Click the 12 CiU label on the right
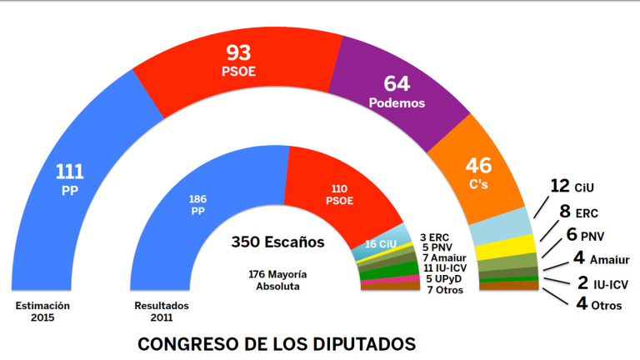click(x=572, y=186)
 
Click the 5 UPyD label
click(x=444, y=278)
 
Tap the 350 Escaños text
click(x=277, y=244)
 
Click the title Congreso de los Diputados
click(x=276, y=343)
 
